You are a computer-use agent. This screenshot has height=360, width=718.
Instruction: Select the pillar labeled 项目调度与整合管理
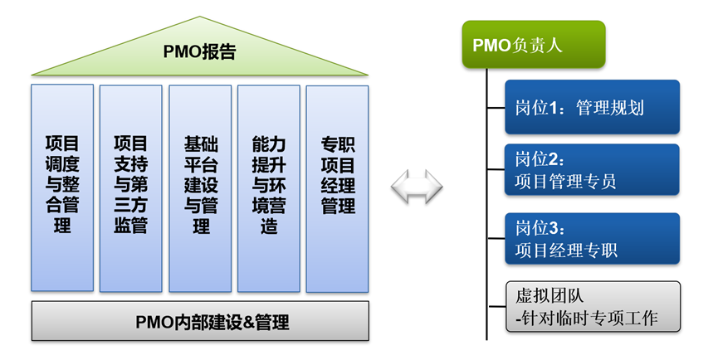pos(61,187)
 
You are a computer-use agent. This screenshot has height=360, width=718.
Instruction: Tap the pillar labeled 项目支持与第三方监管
pos(130,187)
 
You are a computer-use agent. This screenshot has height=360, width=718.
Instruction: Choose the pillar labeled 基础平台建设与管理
pos(200,187)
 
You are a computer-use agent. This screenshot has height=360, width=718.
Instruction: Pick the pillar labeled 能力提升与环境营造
pos(268,187)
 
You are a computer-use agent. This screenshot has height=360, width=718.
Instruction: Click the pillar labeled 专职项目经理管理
pos(337,187)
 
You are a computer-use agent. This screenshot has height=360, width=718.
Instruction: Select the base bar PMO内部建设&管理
pos(200,321)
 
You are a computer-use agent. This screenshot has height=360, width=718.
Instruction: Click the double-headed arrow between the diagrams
pos(416,187)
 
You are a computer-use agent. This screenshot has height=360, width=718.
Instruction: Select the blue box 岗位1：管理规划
pos(592,107)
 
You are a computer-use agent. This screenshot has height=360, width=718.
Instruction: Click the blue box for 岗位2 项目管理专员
pos(592,170)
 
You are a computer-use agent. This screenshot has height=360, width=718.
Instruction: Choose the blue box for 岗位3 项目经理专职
pos(592,239)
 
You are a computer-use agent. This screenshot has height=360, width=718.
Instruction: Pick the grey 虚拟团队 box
pos(592,306)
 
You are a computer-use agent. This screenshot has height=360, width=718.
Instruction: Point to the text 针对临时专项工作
pos(591,317)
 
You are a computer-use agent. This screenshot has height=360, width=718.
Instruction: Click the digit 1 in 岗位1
pos(553,108)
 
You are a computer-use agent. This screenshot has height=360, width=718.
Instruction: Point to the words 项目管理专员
pos(565,181)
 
